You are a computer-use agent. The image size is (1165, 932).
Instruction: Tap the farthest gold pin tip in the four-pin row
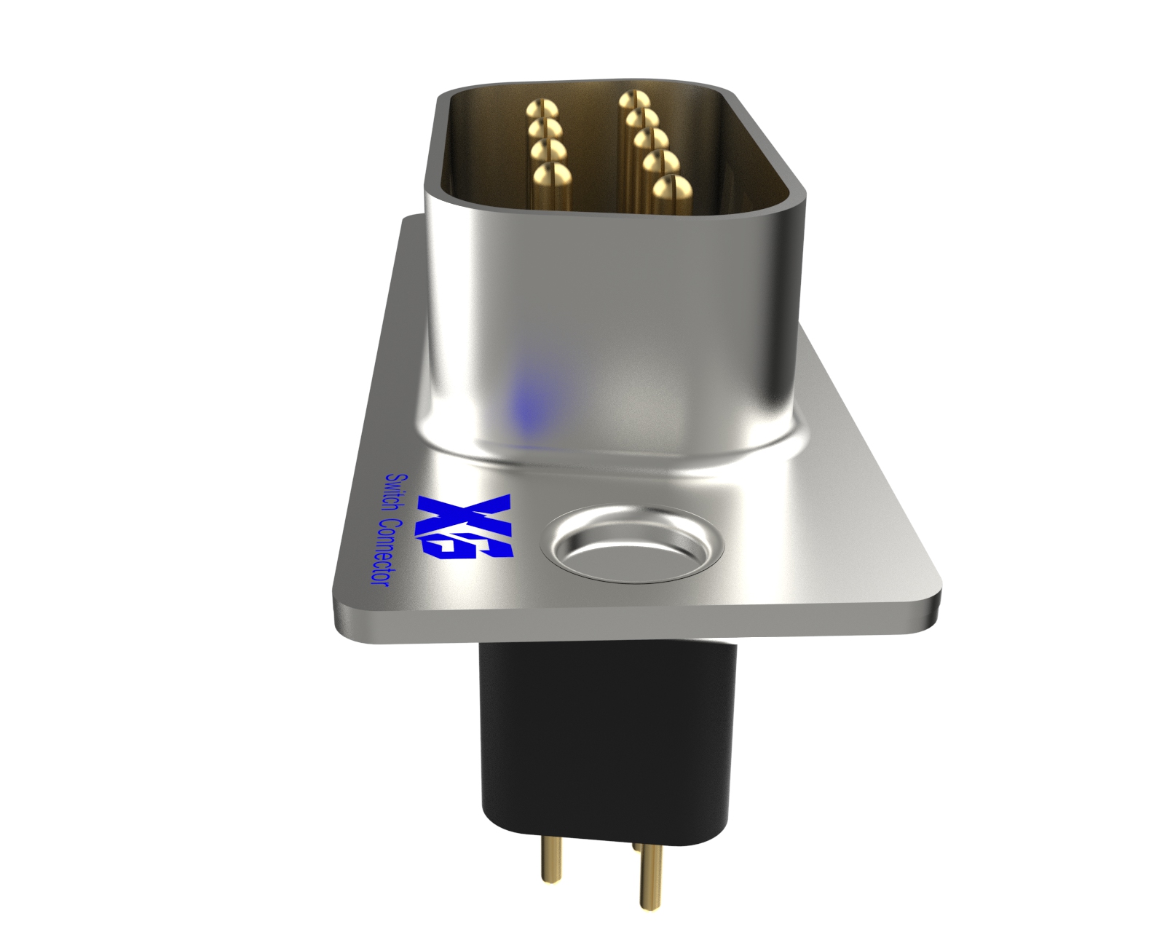[542, 110]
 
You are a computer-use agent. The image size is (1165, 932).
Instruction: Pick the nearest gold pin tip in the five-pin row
[671, 187]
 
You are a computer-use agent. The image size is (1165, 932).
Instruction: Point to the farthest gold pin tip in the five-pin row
[634, 98]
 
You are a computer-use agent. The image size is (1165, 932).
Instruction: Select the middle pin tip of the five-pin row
[649, 138]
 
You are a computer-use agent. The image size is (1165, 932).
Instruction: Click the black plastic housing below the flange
[604, 735]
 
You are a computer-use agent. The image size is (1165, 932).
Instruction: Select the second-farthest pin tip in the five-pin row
[641, 117]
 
